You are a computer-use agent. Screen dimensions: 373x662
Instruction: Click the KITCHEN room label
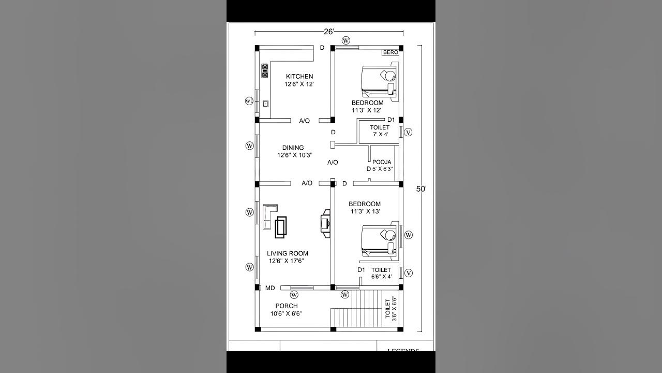[x=299, y=77]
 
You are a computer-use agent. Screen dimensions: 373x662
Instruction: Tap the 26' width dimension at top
[x=329, y=32]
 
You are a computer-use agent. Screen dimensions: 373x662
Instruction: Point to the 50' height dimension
[x=422, y=189]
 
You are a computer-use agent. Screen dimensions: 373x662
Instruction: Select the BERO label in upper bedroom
[x=390, y=52]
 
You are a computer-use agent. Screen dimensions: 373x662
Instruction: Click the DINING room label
[x=293, y=148]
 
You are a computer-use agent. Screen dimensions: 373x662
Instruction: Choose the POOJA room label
[x=382, y=162]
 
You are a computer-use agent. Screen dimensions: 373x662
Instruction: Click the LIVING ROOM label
[x=288, y=253]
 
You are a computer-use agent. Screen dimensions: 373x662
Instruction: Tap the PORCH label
[x=286, y=306]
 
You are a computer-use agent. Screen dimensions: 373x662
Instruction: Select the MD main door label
[x=270, y=288]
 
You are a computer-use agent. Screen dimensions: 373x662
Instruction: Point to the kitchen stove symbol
[x=265, y=71]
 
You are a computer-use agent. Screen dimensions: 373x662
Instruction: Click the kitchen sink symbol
[x=266, y=103]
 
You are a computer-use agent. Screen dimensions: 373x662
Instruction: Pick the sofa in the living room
[x=269, y=217]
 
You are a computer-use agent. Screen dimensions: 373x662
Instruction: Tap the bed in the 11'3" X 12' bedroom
[x=379, y=81]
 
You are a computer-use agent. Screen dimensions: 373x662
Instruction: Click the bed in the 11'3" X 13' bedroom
[x=379, y=241]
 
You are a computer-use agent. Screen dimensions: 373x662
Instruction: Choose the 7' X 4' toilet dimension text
[x=380, y=134]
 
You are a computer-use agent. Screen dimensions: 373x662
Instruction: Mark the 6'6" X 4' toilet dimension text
[x=381, y=277]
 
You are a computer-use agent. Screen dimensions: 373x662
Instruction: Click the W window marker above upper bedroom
[x=346, y=40]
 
